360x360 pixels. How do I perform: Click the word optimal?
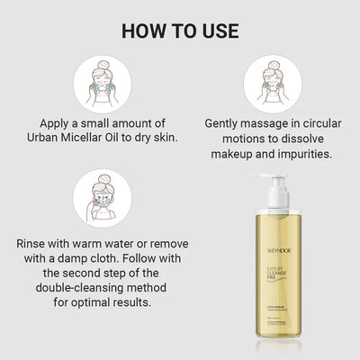coord(106,307)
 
